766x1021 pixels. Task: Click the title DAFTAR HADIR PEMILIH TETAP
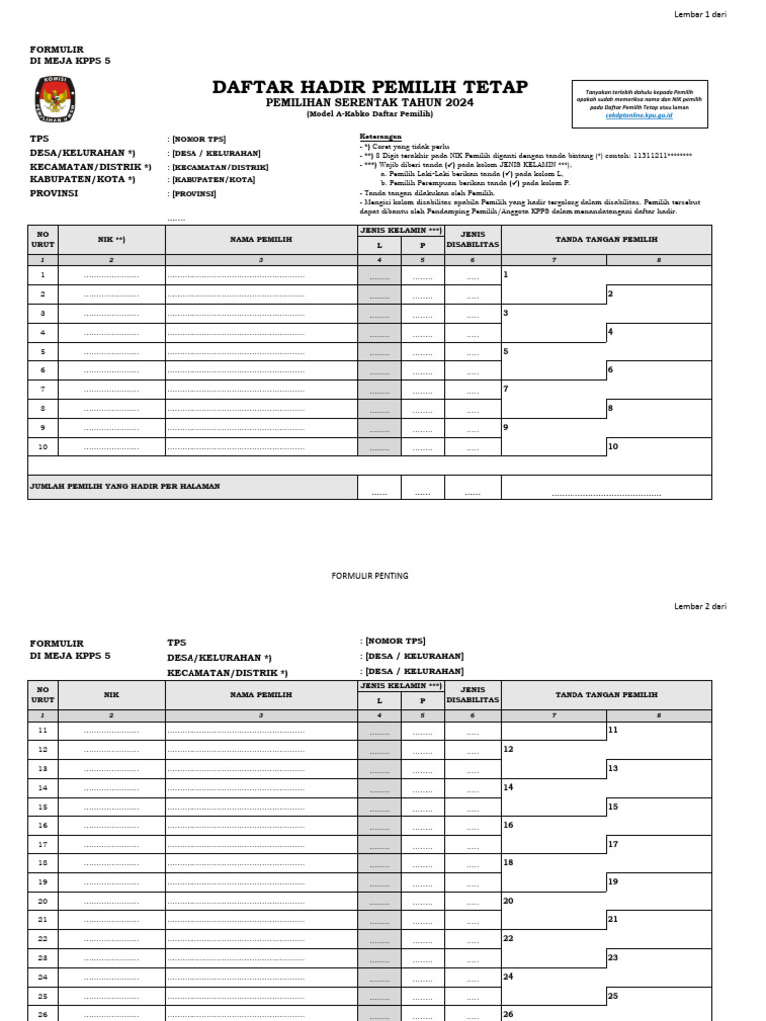pyautogui.click(x=370, y=88)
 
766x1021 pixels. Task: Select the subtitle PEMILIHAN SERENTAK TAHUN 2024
pyautogui.click(x=370, y=104)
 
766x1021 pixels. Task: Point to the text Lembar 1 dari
pyautogui.click(x=702, y=13)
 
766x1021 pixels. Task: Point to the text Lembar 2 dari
pyautogui.click(x=702, y=606)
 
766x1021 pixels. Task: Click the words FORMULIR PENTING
pyautogui.click(x=370, y=576)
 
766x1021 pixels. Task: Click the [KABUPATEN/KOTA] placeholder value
pyautogui.click(x=212, y=180)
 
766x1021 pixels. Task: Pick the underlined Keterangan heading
pyautogui.click(x=380, y=137)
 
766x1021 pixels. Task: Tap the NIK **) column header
pyautogui.click(x=111, y=240)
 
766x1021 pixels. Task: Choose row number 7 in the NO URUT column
pyautogui.click(x=43, y=389)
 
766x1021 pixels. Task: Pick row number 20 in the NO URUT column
pyautogui.click(x=43, y=901)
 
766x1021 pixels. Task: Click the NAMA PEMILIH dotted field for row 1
pyautogui.click(x=235, y=276)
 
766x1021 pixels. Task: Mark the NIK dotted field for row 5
pyautogui.click(x=111, y=352)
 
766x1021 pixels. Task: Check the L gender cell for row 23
pyautogui.click(x=379, y=958)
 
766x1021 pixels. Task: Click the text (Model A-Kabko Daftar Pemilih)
pyautogui.click(x=370, y=115)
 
